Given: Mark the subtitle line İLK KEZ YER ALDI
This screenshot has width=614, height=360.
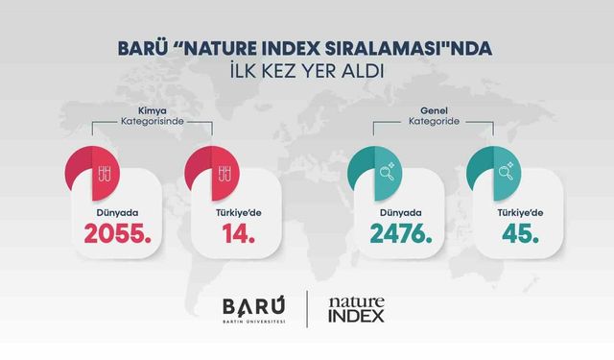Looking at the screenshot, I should pyautogui.click(x=307, y=69).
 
